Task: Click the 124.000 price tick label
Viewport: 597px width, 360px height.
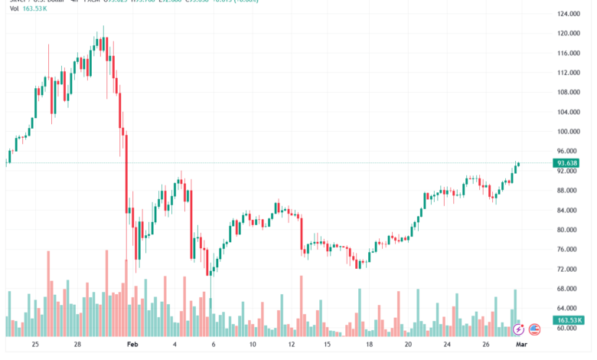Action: pos(567,14)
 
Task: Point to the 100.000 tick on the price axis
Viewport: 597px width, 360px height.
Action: pos(567,132)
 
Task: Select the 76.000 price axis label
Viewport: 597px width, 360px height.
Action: pos(567,250)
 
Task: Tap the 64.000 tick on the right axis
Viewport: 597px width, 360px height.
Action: pos(567,309)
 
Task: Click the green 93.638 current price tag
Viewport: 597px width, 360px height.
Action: pos(567,163)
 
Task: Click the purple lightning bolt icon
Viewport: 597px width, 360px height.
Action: pos(518,329)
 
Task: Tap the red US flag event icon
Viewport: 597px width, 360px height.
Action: pos(533,329)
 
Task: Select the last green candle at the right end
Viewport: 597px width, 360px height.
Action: pos(518,164)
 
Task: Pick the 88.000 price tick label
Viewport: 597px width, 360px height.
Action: pos(567,191)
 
